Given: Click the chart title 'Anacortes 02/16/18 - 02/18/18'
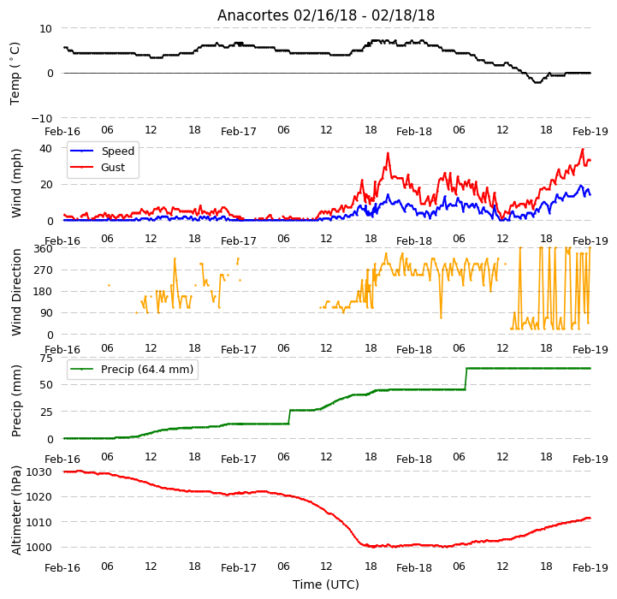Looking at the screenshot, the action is [326, 15].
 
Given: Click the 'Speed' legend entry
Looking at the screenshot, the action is [117, 151].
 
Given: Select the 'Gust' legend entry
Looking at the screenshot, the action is [113, 167].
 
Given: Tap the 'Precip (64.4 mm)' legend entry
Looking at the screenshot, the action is [147, 369].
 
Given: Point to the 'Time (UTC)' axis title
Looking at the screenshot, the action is [326, 584].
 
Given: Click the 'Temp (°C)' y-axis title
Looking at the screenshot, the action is [15, 74].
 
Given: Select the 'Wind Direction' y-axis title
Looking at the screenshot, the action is [16, 292].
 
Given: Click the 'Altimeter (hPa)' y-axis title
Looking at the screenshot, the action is [16, 510].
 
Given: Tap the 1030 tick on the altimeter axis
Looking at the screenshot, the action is [39, 471].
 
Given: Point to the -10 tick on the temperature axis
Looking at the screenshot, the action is [41, 118].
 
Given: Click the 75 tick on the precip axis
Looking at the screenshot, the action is [46, 359].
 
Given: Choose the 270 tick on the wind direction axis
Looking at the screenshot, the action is [44, 270].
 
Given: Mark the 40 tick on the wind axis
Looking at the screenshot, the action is [45, 148].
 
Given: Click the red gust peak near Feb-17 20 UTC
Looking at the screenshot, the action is [388, 153].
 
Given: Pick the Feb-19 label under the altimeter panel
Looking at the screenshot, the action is [590, 568].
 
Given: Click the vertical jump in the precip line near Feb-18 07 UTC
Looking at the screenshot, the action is [466, 378].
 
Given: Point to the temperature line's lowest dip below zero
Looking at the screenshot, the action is [537, 82].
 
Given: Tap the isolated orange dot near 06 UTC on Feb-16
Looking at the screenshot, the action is [109, 285].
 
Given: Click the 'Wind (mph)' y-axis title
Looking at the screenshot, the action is [16, 183].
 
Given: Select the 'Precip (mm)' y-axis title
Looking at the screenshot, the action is [16, 401].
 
